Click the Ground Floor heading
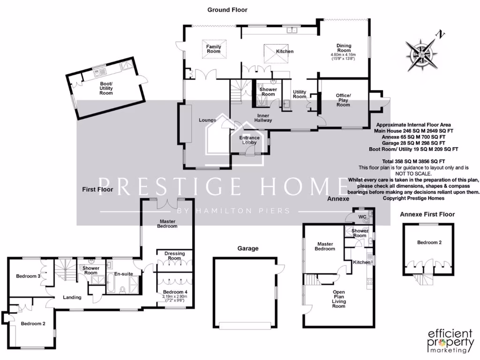coord(227,10)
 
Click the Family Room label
coord(214,49)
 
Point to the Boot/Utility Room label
coord(106,89)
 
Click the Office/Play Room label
coord(343,100)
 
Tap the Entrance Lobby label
coord(249,140)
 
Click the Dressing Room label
coord(174,256)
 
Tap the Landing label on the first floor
coord(72,297)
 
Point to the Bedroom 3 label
coord(28,276)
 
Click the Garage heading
coord(247,248)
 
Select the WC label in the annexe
coord(361,217)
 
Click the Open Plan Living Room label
coord(338,299)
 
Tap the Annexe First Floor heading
coord(427,214)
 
